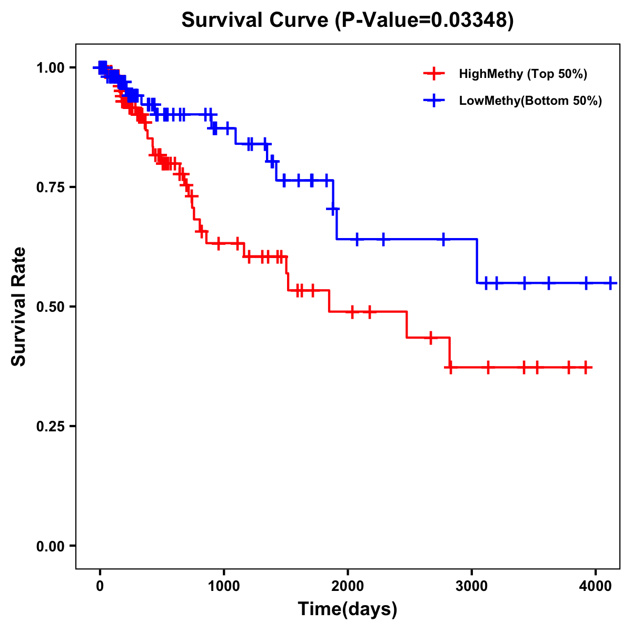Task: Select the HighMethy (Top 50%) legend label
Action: tap(523, 74)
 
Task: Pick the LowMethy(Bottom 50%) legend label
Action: tap(530, 101)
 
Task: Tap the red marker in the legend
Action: tap(433, 74)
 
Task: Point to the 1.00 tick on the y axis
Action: tap(50, 67)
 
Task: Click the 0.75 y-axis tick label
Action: tap(50, 187)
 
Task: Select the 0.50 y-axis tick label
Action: tap(50, 307)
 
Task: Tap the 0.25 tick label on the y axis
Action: tap(50, 426)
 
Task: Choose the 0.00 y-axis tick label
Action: tap(50, 546)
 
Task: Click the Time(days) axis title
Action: tap(348, 609)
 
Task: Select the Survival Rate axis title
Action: tap(19, 307)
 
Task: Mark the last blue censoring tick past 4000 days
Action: tap(610, 283)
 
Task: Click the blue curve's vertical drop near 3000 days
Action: tap(477, 261)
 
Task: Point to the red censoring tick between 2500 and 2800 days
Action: tap(431, 337)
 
